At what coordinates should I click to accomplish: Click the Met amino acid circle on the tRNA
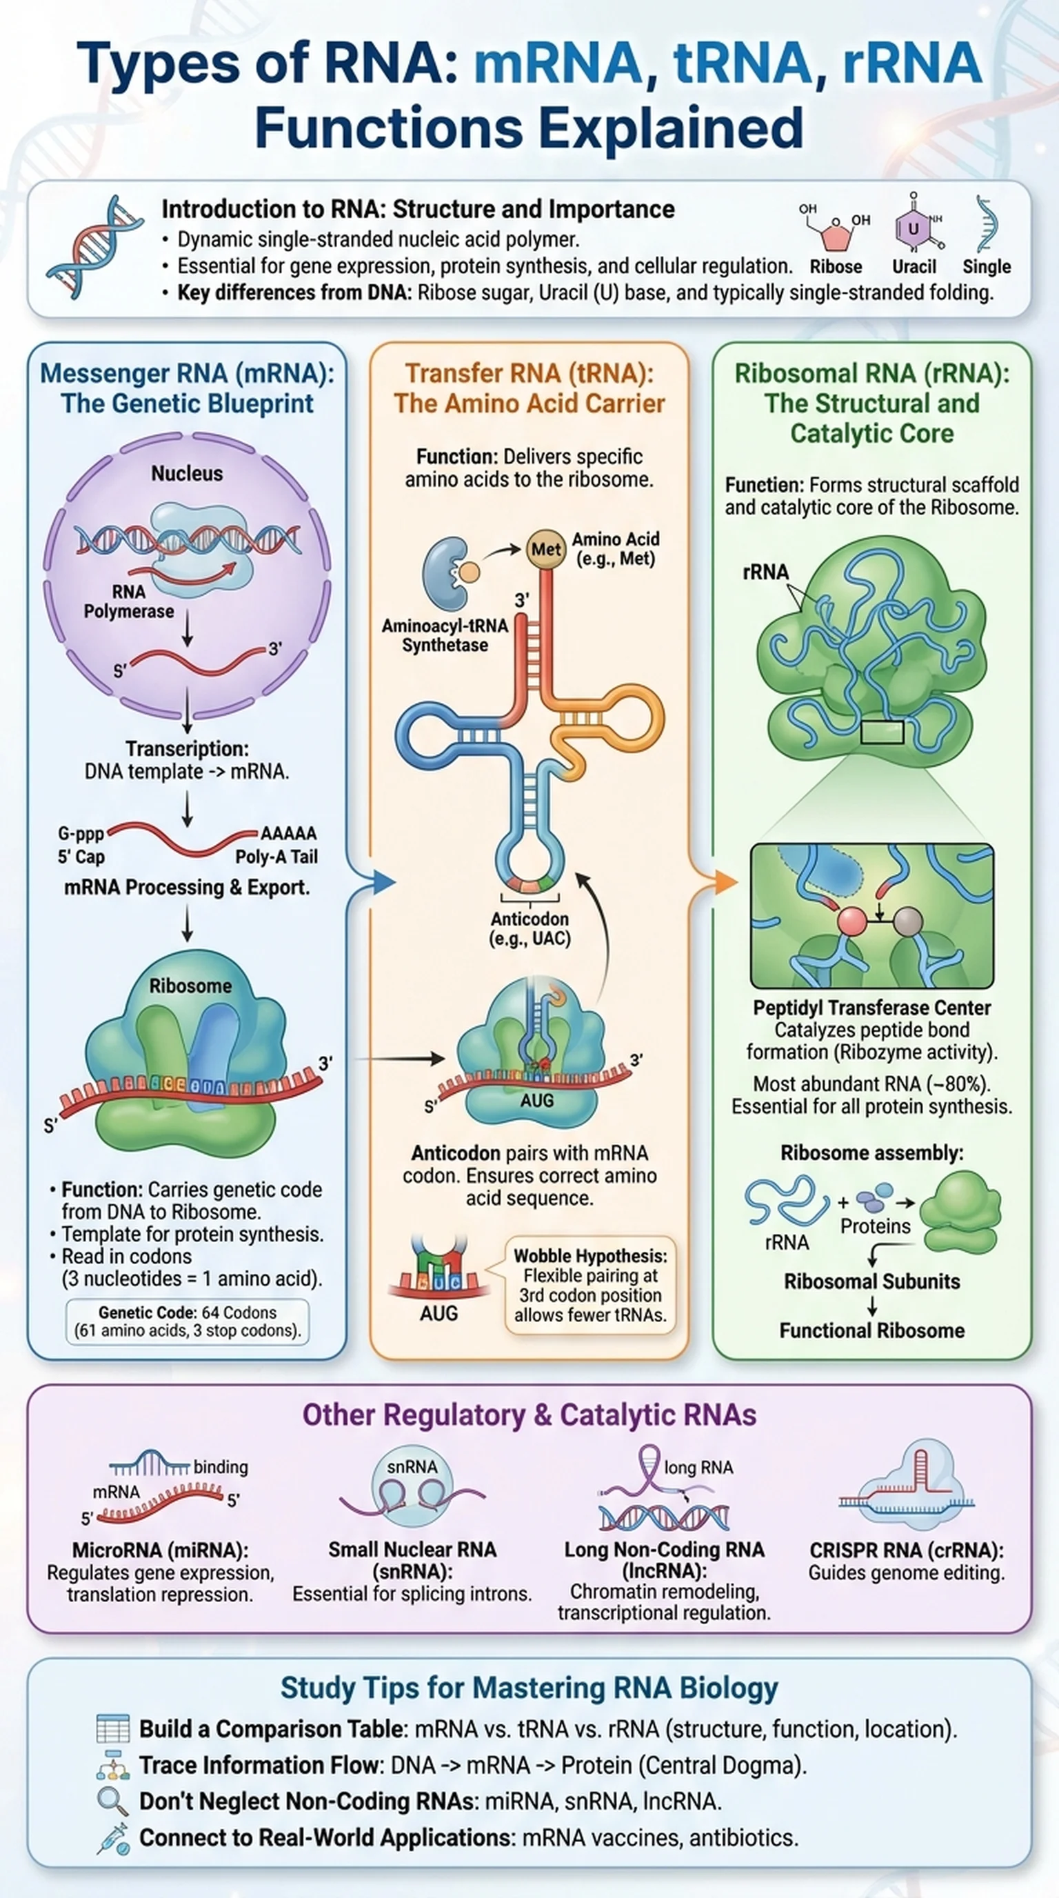[545, 549]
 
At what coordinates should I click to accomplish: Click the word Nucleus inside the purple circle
[187, 473]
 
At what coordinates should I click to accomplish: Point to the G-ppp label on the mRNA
[81, 834]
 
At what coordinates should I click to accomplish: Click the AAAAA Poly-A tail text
[289, 833]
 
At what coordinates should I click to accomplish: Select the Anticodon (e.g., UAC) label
[529, 928]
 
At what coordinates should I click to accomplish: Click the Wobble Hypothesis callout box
[590, 1286]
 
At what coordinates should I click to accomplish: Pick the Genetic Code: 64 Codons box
[188, 1321]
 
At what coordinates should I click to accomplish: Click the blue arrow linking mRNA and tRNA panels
[381, 881]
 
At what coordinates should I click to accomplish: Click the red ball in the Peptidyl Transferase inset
[853, 921]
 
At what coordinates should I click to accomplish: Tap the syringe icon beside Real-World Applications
[112, 1837]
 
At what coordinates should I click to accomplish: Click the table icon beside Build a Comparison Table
[112, 1728]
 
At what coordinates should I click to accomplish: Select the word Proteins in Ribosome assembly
[876, 1226]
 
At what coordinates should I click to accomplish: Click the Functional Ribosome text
[872, 1330]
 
